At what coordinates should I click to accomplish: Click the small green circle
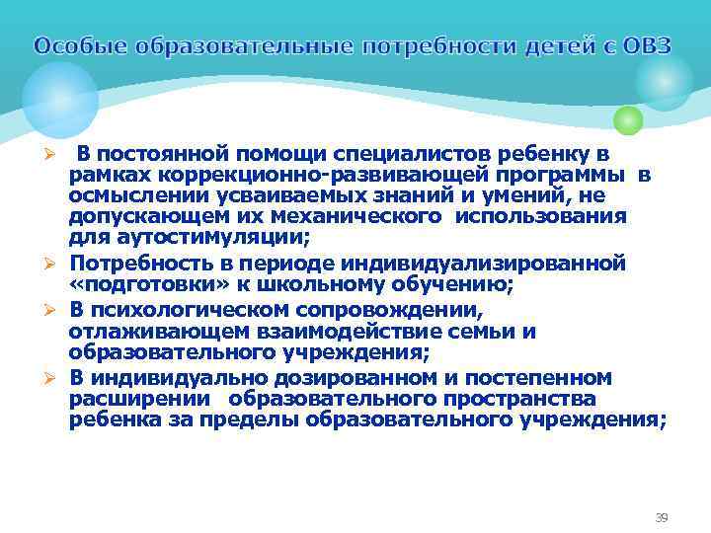[x=628, y=120]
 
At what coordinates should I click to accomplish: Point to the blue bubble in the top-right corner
[x=664, y=81]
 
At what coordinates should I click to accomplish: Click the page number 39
[x=662, y=517]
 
